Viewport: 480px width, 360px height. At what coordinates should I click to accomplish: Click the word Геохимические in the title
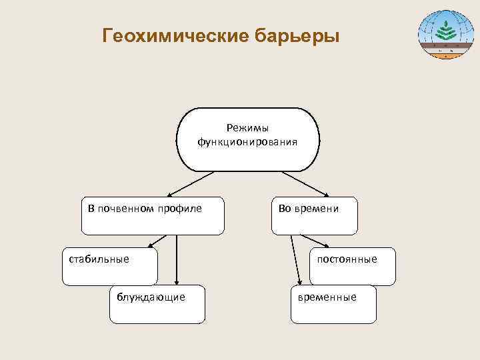(175, 35)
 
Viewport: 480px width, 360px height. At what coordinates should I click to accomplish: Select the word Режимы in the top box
(247, 127)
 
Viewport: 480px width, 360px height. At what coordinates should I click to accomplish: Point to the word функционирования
(247, 141)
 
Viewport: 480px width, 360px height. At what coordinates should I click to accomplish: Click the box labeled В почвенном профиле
(153, 215)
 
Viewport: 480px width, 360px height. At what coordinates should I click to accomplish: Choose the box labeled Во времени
(314, 215)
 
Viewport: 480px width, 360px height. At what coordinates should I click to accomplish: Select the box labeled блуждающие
(157, 303)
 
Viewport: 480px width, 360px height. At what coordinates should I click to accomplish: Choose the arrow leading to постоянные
(313, 241)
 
